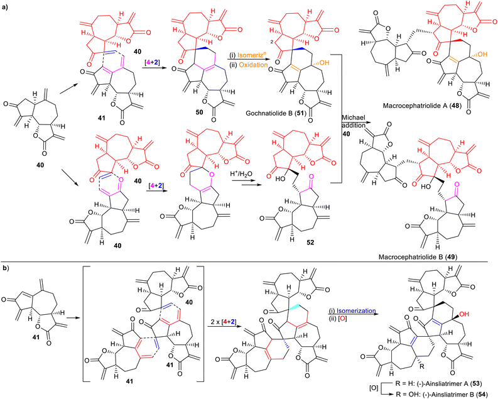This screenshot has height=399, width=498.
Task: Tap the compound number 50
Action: (199, 112)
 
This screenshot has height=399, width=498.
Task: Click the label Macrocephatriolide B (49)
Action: (418, 257)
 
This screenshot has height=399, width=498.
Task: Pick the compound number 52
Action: (310, 243)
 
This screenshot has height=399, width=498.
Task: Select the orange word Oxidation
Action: (254, 65)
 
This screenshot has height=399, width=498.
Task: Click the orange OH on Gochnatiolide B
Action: (324, 63)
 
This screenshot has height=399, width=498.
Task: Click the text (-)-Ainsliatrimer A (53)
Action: (447, 385)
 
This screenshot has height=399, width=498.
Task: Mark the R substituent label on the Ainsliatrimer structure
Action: (421, 367)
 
